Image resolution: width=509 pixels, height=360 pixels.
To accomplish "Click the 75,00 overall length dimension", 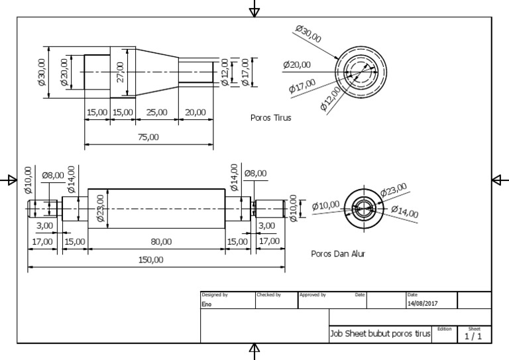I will pyautogui.click(x=148, y=137).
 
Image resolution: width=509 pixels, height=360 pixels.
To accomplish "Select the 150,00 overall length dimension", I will pyautogui.click(x=150, y=259).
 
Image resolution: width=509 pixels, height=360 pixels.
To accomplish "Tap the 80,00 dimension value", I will pyautogui.click(x=161, y=241).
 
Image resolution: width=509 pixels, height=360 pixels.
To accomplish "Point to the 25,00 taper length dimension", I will pyautogui.click(x=156, y=113).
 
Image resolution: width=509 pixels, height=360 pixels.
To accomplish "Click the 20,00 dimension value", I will pyautogui.click(x=196, y=113).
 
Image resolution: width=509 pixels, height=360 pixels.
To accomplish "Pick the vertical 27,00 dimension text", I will pyautogui.click(x=120, y=72).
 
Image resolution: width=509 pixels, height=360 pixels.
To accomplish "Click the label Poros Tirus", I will pyautogui.click(x=270, y=118).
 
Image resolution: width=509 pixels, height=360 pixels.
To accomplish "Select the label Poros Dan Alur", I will pyautogui.click(x=338, y=253).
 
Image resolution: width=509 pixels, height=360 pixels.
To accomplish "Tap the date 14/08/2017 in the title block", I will pyautogui.click(x=423, y=304).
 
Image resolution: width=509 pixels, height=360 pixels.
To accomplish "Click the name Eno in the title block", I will pyautogui.click(x=207, y=304).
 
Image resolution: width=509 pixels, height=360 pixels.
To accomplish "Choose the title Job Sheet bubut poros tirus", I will pyautogui.click(x=380, y=334).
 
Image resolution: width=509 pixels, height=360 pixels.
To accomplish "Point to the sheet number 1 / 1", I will pyautogui.click(x=473, y=336).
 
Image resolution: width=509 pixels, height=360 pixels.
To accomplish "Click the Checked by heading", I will pyautogui.click(x=268, y=294).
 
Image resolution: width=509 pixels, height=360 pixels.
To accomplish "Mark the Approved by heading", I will pyautogui.click(x=312, y=294).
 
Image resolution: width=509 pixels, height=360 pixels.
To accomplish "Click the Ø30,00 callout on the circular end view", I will pyautogui.click(x=308, y=33).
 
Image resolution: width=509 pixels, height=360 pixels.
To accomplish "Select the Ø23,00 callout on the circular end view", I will pyautogui.click(x=394, y=190).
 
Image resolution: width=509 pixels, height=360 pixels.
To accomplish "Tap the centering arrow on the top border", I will pyautogui.click(x=254, y=9).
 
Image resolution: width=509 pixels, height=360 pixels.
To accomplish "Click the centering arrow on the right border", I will pyautogui.click(x=500, y=180).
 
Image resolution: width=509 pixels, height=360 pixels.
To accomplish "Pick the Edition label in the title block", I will pyautogui.click(x=444, y=328).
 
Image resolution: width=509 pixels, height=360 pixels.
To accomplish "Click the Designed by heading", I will pyautogui.click(x=215, y=294).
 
